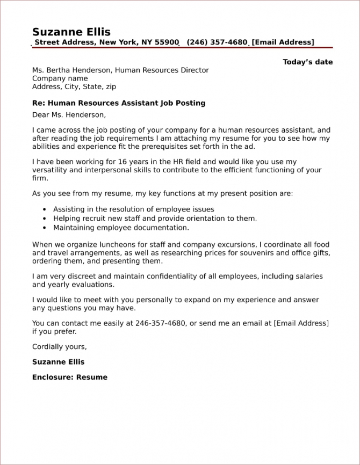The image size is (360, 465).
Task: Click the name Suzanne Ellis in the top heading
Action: [71, 32]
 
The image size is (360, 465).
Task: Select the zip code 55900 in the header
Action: [167, 42]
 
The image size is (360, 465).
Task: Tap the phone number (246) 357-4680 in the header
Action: [217, 42]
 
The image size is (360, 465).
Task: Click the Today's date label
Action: [307, 62]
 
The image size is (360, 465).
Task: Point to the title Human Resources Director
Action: [162, 70]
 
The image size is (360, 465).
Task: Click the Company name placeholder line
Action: [60, 78]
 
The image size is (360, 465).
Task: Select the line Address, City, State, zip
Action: [74, 86]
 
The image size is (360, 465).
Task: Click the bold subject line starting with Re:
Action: [119, 103]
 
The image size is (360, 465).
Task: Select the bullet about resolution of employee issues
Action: [133, 209]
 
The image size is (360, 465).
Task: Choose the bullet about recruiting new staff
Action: [155, 219]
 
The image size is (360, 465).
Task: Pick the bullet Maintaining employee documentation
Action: [121, 228]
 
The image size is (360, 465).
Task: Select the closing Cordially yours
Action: [59, 346]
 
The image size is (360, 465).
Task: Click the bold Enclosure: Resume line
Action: [70, 377]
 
